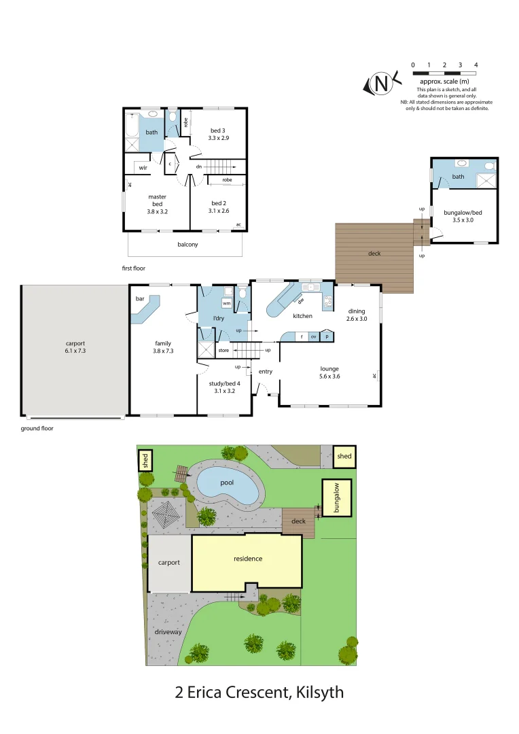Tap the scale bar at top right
(444, 72)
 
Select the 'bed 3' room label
(218, 133)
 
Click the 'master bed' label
(157, 204)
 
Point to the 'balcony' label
(187, 245)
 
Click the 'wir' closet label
(143, 167)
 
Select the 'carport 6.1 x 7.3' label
(75, 347)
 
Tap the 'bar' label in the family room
(141, 298)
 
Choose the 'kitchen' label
(302, 316)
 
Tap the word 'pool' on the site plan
(226, 483)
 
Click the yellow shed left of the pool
(145, 460)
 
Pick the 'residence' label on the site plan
(247, 559)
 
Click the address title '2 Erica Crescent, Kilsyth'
(259, 693)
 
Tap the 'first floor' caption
(134, 268)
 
